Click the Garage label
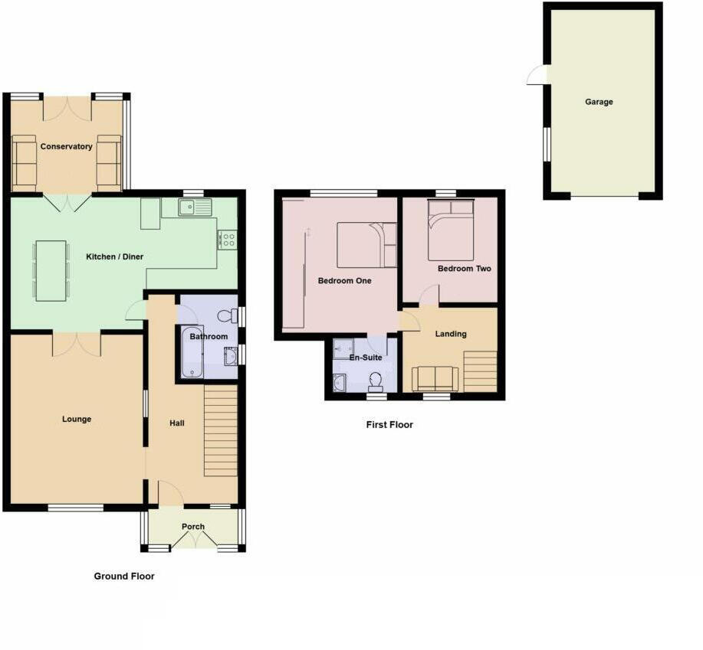click(x=599, y=102)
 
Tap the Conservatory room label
click(x=67, y=146)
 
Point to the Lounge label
click(x=77, y=419)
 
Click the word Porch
click(x=193, y=527)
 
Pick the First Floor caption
click(x=389, y=424)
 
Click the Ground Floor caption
click(x=124, y=576)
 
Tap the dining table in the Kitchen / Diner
click(x=51, y=269)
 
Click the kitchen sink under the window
click(x=195, y=207)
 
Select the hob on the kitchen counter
click(x=227, y=240)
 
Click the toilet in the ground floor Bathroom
click(x=227, y=315)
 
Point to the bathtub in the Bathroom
click(x=192, y=353)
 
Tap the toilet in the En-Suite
click(x=376, y=380)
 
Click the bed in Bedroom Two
click(x=451, y=228)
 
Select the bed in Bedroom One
click(x=366, y=244)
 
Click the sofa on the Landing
click(x=435, y=378)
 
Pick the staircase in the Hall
click(x=220, y=431)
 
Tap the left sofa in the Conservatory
click(x=25, y=162)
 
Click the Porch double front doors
click(x=192, y=541)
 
